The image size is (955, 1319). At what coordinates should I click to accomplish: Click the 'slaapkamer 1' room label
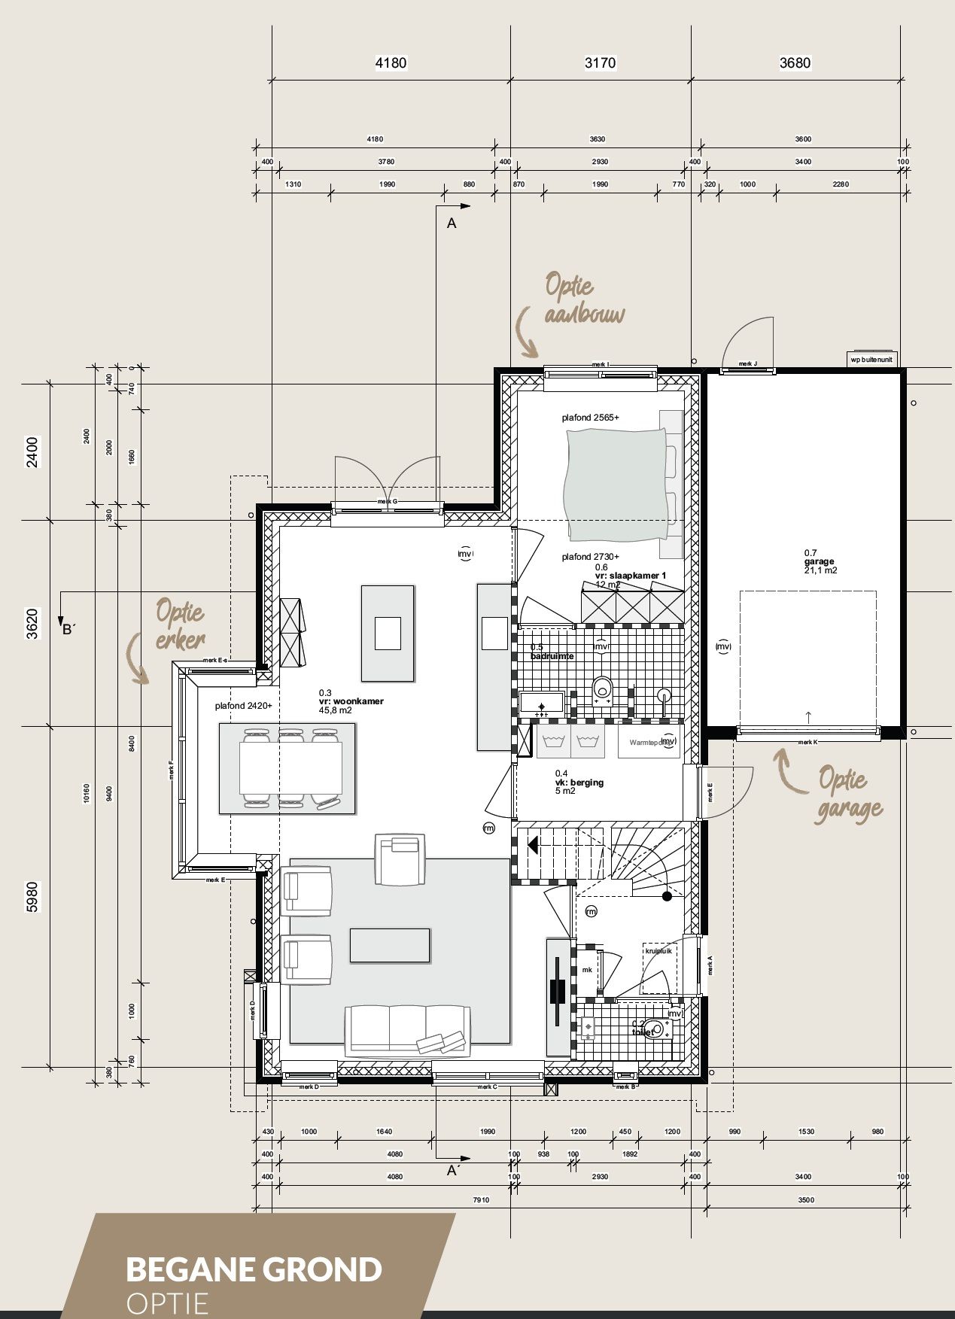(x=631, y=576)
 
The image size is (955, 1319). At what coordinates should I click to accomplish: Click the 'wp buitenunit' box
(x=872, y=359)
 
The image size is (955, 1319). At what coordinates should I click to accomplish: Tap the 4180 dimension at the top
(x=391, y=63)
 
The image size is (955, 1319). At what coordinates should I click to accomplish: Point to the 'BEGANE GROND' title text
(x=254, y=1269)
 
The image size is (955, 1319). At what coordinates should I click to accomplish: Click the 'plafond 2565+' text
(x=591, y=417)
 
